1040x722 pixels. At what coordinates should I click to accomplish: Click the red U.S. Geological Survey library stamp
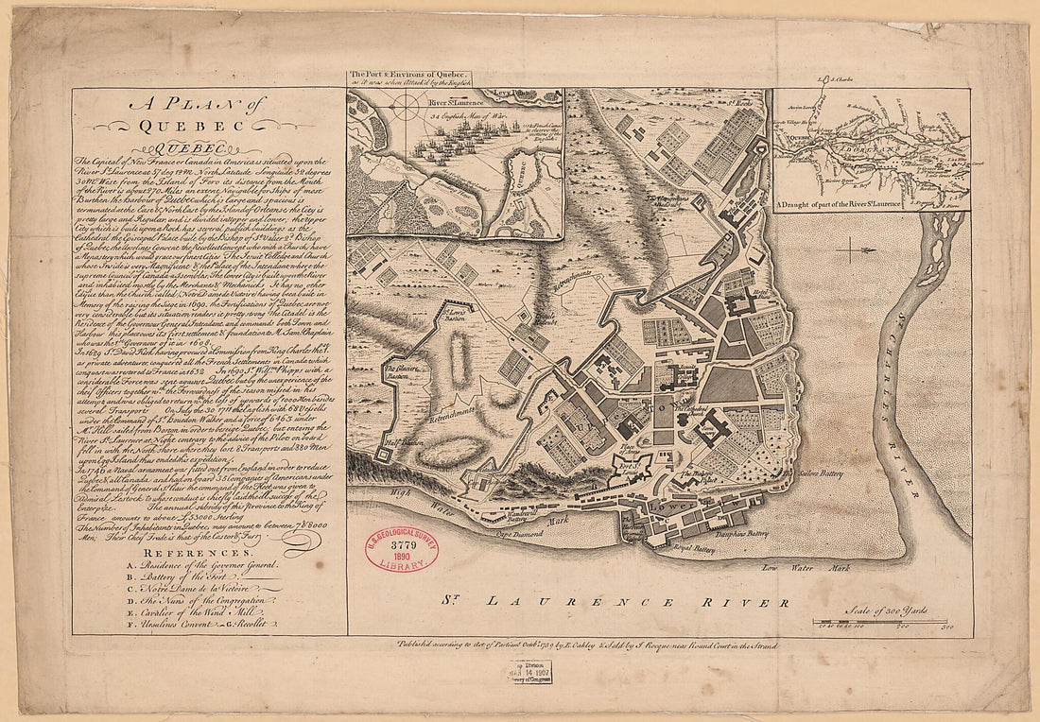click(x=402, y=550)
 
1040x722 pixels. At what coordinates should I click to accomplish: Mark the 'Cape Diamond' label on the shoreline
click(x=518, y=534)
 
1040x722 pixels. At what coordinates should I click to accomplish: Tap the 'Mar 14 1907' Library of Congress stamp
click(x=528, y=671)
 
